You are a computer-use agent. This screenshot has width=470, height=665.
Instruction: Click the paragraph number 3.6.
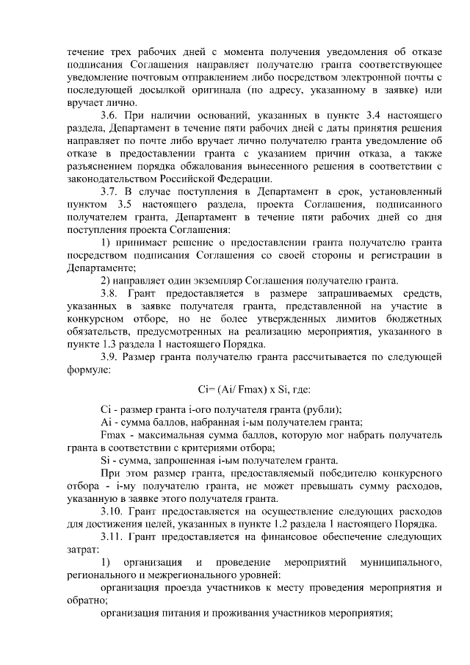(x=109, y=116)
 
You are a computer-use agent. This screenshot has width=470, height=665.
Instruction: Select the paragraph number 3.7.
(x=109, y=192)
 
